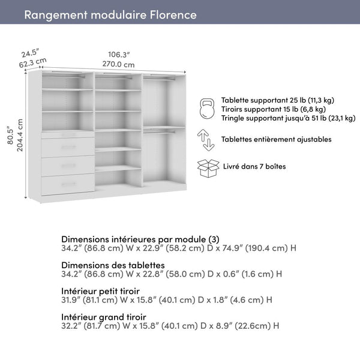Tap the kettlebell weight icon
coord(208,109)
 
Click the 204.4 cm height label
coord(20,136)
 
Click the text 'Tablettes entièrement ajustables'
coord(276,139)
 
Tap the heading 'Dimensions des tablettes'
coord(113,265)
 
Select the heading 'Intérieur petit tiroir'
coord(106,290)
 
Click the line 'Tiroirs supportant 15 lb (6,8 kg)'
coord(273,109)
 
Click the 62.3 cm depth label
coord(33,61)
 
